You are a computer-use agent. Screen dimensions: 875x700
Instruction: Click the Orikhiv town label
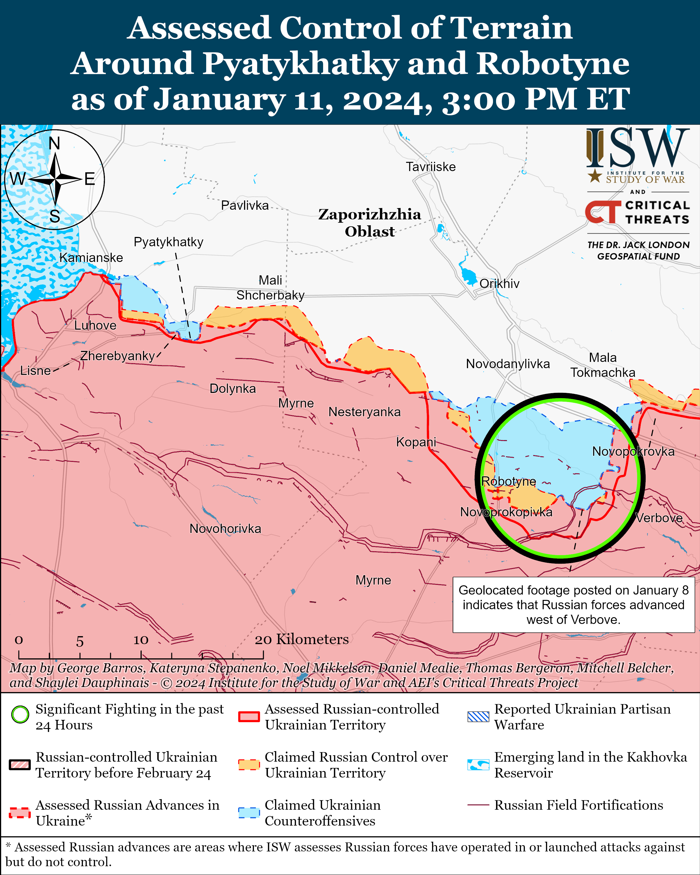[x=499, y=284]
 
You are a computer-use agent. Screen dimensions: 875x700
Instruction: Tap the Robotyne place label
[x=508, y=481]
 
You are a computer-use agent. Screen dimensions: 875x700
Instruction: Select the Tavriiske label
[x=430, y=167]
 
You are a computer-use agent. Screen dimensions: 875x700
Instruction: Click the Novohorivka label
[x=225, y=529]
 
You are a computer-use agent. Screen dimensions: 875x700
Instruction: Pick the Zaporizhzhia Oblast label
[x=369, y=223]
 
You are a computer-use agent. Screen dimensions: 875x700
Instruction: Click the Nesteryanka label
[x=364, y=412]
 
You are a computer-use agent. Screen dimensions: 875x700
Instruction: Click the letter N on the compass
[x=54, y=144]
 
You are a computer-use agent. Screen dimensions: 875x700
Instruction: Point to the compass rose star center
[x=55, y=179]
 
